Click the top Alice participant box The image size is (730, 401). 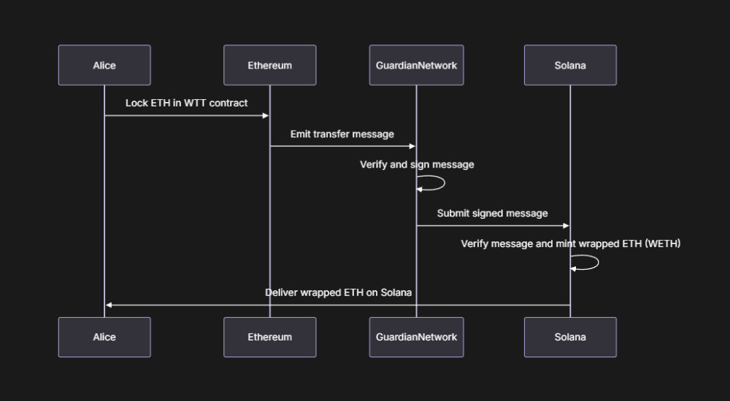click(x=104, y=66)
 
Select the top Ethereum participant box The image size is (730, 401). click(x=269, y=66)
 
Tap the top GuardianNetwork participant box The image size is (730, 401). click(x=416, y=66)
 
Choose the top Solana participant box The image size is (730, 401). click(x=570, y=66)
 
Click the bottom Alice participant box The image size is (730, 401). click(x=104, y=337)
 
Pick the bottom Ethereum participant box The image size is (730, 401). click(x=269, y=337)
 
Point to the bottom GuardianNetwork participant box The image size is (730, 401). click(x=416, y=337)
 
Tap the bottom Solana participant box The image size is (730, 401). click(x=570, y=337)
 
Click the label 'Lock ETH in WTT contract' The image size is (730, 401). click(x=186, y=103)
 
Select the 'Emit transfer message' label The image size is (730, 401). click(x=342, y=134)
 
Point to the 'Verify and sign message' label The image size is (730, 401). click(x=417, y=165)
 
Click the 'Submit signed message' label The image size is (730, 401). click(x=492, y=214)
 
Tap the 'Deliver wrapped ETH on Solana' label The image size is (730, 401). click(x=338, y=292)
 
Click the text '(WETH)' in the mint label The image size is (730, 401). click(x=663, y=244)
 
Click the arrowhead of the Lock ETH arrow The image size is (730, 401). click(x=266, y=115)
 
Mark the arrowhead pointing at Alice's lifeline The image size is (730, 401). click(x=109, y=305)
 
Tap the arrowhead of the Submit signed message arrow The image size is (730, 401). click(x=566, y=226)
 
